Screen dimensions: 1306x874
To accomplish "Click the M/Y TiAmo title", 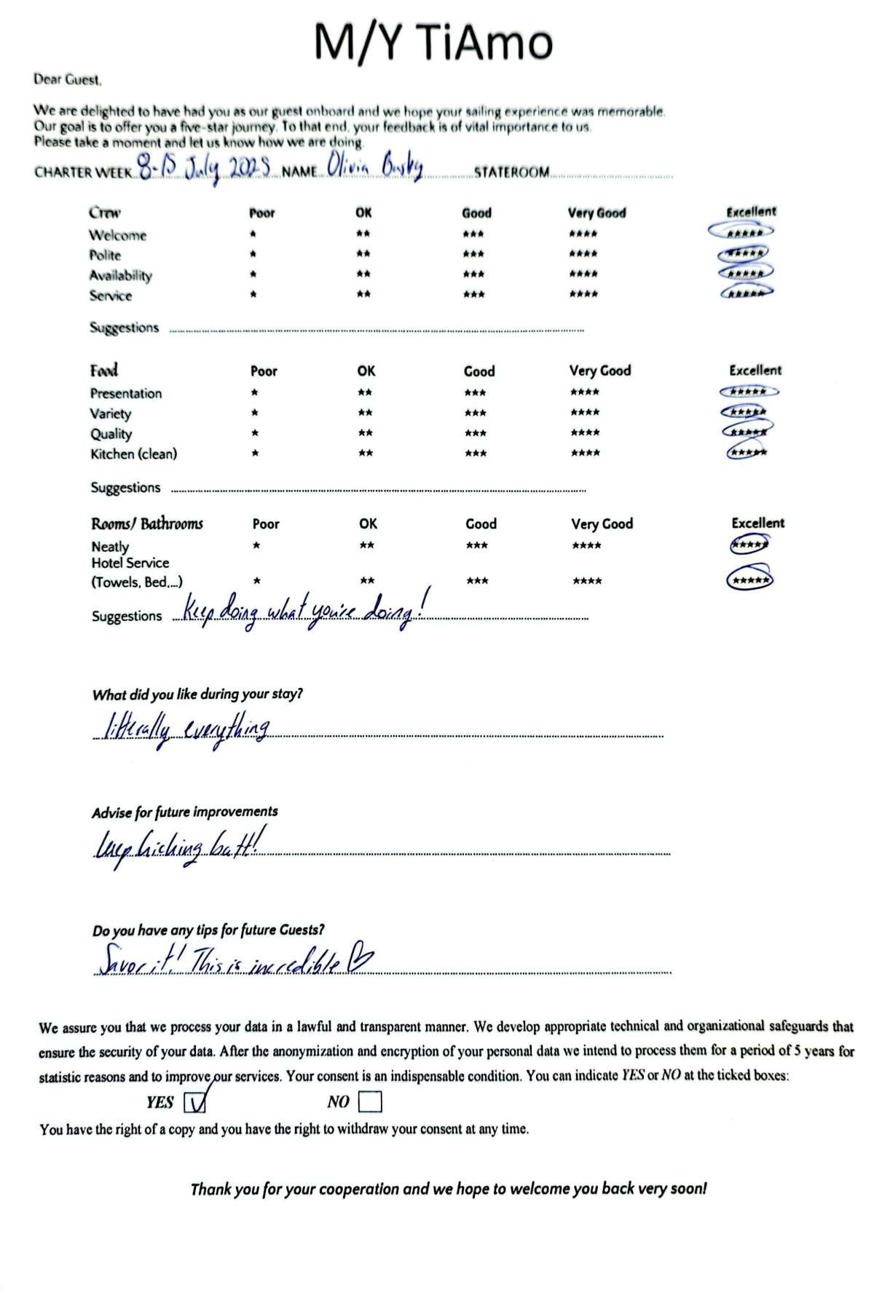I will (433, 42).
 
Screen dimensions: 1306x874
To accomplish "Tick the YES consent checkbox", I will (195, 1103).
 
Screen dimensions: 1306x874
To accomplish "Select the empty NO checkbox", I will (370, 1102).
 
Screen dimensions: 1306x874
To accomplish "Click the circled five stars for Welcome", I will (741, 232).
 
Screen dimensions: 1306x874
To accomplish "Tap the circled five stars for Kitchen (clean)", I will (747, 453).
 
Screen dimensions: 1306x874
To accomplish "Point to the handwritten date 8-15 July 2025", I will (205, 169).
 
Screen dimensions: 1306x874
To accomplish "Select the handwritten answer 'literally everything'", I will (187, 729).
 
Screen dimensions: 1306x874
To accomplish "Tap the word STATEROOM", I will (511, 173).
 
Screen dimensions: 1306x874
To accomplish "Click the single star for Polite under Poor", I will (253, 255).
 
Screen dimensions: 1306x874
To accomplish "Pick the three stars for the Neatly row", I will (477, 546).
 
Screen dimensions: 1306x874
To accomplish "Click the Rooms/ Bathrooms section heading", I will (147, 524).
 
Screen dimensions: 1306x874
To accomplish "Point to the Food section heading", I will (104, 371).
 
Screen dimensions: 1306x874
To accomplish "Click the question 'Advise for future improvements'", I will (185, 812).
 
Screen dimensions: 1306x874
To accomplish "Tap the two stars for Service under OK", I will (363, 295).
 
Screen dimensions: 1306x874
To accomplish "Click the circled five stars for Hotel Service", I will (749, 579).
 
